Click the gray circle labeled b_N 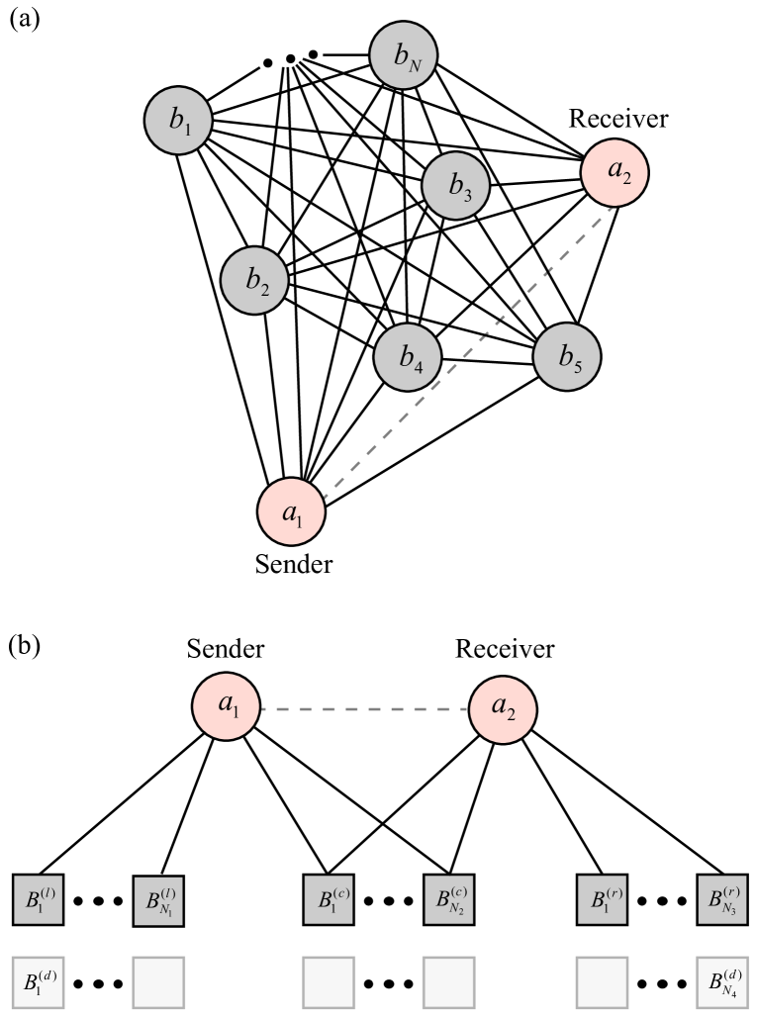(x=404, y=55)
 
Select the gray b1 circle (x=178, y=121)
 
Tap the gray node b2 (x=254, y=280)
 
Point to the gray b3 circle (x=456, y=184)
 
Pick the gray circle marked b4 (x=408, y=356)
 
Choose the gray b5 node (x=567, y=356)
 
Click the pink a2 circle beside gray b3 (x=615, y=172)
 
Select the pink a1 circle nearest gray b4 (x=292, y=511)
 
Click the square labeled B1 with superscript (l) (x=38, y=899)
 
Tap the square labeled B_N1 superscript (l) (x=158, y=900)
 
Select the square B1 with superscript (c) (x=329, y=899)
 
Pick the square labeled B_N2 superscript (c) (x=449, y=899)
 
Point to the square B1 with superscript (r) (x=602, y=899)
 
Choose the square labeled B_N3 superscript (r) (x=722, y=899)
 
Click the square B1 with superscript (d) (x=38, y=982)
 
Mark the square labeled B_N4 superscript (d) (x=722, y=982)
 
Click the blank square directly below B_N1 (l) (x=158, y=982)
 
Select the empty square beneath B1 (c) (x=329, y=982)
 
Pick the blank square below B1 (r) (x=602, y=982)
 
